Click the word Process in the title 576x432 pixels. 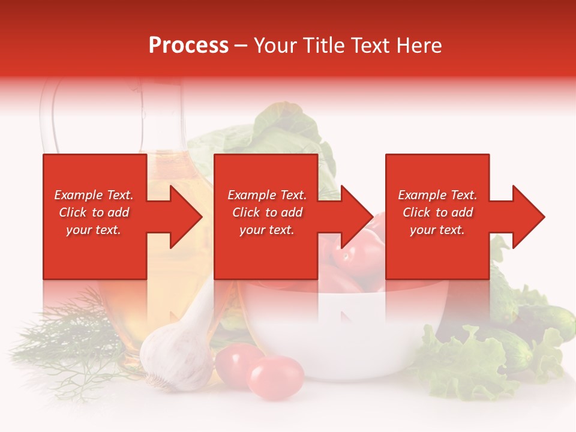point(188,46)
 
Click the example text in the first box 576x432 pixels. point(94,212)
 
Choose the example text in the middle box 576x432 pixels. point(266,212)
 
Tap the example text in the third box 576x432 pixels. point(437,212)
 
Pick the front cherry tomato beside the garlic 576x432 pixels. point(276,377)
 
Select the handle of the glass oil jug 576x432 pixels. point(48,114)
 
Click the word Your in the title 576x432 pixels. point(276,46)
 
